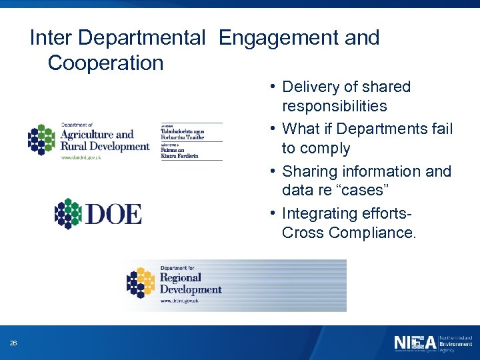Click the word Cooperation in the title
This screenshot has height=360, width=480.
[105, 63]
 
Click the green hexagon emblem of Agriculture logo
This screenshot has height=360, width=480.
[42, 139]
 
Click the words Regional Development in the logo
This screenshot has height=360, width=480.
[190, 283]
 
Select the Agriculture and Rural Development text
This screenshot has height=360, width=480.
[105, 140]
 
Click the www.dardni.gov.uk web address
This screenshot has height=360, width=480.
[81, 157]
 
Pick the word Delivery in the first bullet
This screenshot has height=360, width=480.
[311, 87]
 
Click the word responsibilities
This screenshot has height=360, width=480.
[334, 106]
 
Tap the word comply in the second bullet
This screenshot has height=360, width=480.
[325, 148]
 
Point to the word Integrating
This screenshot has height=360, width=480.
[319, 213]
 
